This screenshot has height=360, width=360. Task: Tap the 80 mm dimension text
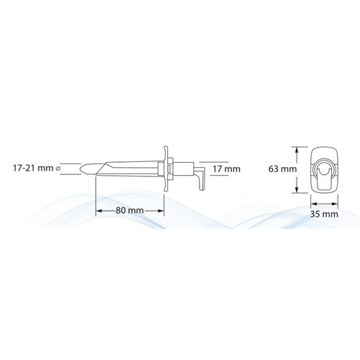[x=130, y=210]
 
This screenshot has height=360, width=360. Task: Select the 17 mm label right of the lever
[x=228, y=170]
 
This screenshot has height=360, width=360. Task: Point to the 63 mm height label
[x=279, y=170]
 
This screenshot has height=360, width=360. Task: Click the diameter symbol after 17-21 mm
[x=68, y=171]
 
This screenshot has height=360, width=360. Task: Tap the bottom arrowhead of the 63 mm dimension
[x=297, y=191]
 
